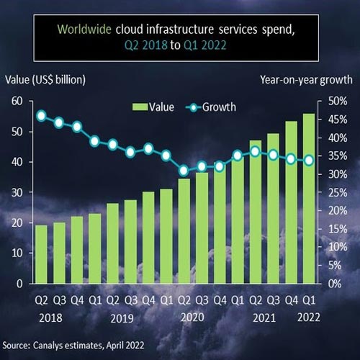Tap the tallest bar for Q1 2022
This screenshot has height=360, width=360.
click(309, 199)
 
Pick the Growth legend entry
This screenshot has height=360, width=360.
click(209, 107)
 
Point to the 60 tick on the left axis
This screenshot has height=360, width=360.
click(17, 101)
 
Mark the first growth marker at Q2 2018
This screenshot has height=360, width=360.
click(42, 116)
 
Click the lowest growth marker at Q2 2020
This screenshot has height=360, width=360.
click(184, 171)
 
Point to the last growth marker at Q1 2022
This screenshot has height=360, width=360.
click(309, 161)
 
